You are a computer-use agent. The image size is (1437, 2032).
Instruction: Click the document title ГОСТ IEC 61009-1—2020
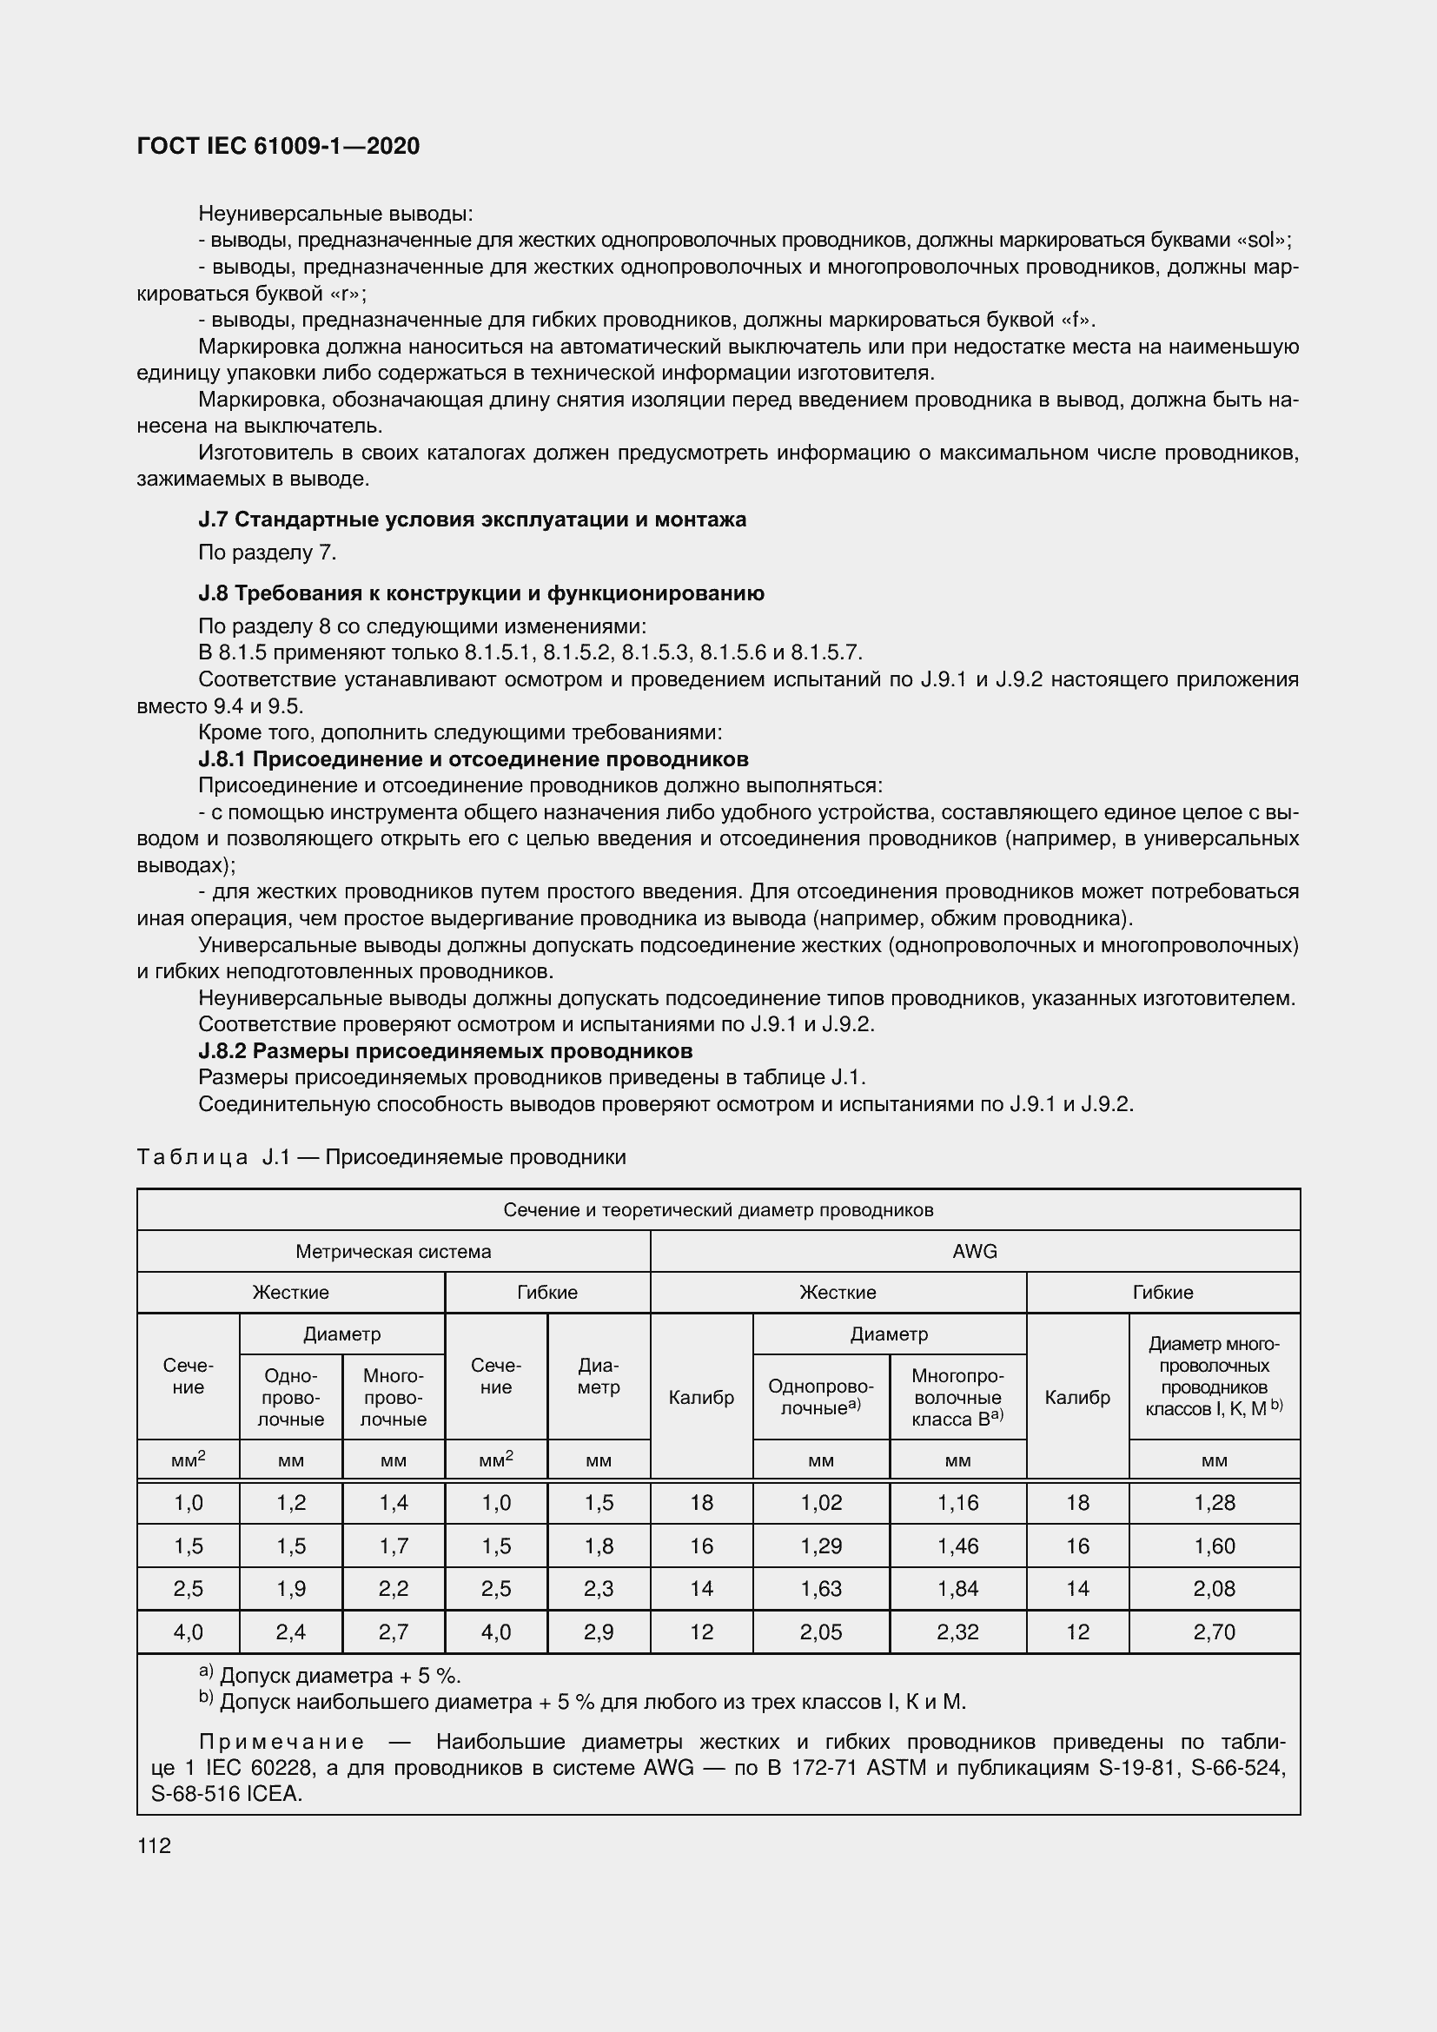click(278, 146)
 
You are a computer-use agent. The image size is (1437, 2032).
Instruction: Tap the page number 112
click(154, 1845)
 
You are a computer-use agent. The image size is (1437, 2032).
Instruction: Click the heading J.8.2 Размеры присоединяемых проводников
click(445, 1050)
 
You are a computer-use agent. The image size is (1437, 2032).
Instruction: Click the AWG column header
click(974, 1251)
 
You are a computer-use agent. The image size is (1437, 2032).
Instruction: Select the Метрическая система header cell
click(393, 1251)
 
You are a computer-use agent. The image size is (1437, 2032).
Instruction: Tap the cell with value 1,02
click(820, 1502)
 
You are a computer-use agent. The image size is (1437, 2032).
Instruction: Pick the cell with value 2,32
click(957, 1632)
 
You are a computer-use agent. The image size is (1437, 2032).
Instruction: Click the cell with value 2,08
click(1214, 1588)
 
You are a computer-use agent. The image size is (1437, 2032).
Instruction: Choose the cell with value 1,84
click(957, 1588)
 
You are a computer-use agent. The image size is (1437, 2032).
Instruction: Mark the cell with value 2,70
click(1214, 1632)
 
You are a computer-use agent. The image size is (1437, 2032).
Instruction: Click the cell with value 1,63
click(820, 1588)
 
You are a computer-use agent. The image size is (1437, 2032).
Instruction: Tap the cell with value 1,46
click(957, 1546)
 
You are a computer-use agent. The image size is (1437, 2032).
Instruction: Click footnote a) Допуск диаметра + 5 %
click(330, 1675)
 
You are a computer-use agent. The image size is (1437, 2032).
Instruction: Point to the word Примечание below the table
click(281, 1742)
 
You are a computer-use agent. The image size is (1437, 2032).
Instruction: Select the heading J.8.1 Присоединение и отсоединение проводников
click(473, 758)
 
